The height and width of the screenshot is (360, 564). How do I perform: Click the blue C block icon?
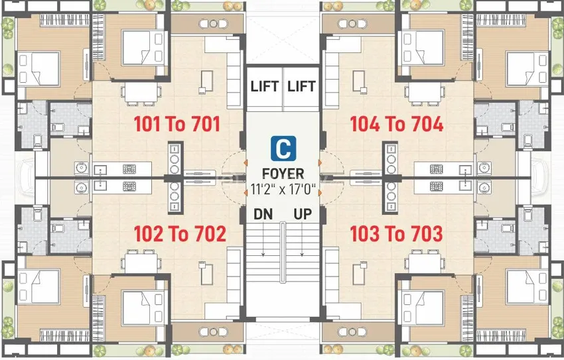click(x=283, y=148)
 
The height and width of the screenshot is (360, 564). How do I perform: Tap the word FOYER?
click(x=283, y=174)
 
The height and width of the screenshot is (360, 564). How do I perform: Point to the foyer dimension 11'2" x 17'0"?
click(x=283, y=189)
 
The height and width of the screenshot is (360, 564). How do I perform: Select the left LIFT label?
click(x=265, y=86)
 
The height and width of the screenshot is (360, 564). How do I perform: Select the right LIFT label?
click(x=301, y=86)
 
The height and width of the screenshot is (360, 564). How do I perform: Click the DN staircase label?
click(x=263, y=214)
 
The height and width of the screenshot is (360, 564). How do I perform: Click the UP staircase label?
click(x=303, y=214)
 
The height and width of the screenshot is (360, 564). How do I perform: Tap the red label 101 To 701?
click(x=177, y=124)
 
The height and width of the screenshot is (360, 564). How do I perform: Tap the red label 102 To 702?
click(x=180, y=233)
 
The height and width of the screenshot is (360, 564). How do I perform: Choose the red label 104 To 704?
click(x=397, y=124)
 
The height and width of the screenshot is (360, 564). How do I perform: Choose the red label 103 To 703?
click(x=396, y=233)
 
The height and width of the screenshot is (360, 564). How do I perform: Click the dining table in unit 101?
click(x=141, y=94)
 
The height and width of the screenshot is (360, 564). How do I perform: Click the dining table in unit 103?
click(x=425, y=263)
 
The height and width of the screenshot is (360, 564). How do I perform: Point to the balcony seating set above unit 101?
click(x=213, y=24)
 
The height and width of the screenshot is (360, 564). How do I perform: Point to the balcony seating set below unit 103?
click(x=352, y=332)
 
